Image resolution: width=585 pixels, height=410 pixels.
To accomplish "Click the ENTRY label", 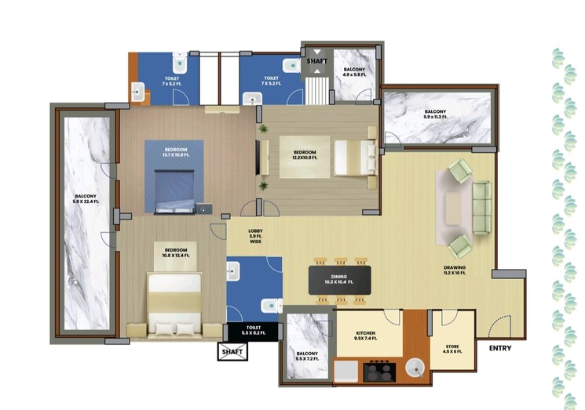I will click(x=499, y=348).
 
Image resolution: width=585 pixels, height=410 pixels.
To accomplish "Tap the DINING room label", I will click(x=338, y=279).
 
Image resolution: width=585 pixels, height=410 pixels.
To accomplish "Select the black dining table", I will click(x=338, y=279).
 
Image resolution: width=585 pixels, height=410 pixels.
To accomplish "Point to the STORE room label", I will click(x=453, y=349).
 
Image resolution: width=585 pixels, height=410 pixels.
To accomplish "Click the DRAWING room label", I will click(x=455, y=271).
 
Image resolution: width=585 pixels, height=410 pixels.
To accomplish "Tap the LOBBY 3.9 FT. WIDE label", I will click(x=255, y=236).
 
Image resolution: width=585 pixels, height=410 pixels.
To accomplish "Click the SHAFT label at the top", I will click(x=317, y=59).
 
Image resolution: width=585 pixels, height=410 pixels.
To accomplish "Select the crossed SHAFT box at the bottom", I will click(x=232, y=352).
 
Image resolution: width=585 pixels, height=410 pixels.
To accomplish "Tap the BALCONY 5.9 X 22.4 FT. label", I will click(x=86, y=199).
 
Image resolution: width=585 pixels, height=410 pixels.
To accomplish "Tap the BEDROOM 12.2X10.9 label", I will click(x=305, y=154).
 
